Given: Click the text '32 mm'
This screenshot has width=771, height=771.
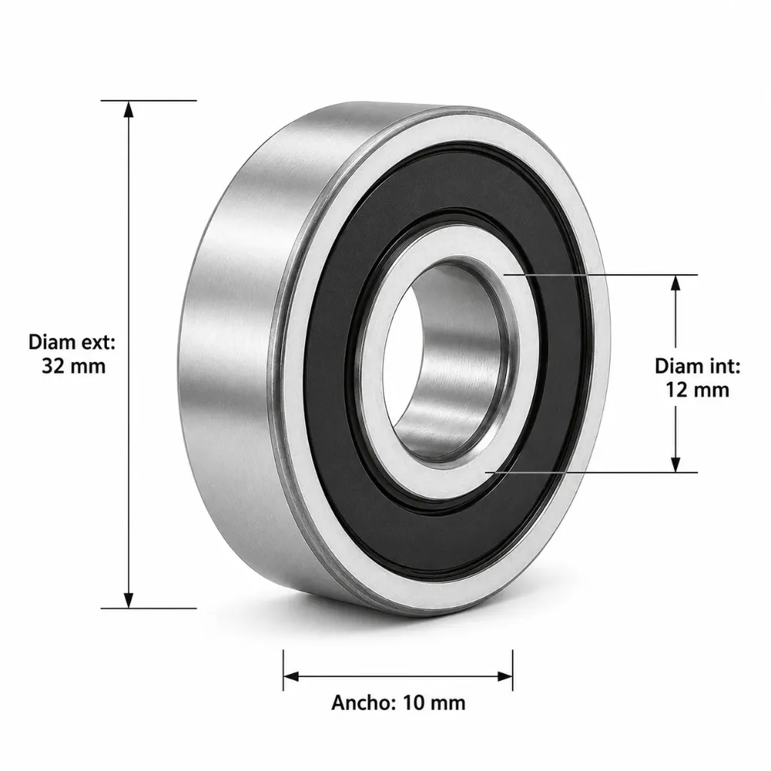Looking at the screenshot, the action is pos(74,367).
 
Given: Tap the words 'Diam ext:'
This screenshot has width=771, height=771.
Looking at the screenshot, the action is pos(72,343).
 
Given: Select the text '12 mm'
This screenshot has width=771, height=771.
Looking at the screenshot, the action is pos(697,390).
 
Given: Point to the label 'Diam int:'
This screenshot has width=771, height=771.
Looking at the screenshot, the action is pos(697,367).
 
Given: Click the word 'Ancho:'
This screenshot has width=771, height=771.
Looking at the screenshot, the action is pos(364,702).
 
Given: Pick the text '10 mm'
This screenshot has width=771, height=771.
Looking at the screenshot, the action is pos(434,702).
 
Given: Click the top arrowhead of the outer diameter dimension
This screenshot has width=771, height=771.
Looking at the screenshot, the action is pos(128,109).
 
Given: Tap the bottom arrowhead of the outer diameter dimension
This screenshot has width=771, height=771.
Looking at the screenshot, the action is pos(128,600).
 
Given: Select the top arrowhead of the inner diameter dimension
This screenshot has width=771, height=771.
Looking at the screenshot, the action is pos(675,284).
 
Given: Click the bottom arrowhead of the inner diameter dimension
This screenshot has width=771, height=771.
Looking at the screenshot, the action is pos(675,464).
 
